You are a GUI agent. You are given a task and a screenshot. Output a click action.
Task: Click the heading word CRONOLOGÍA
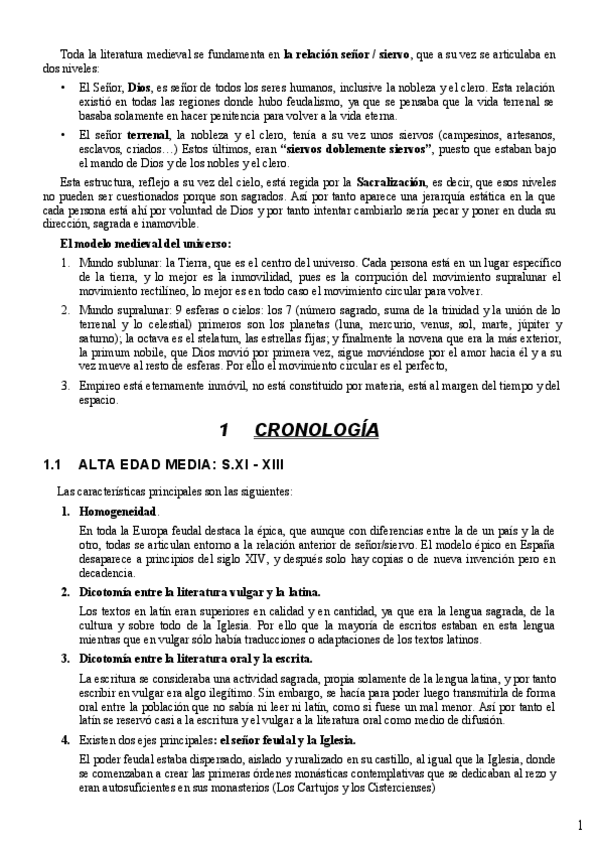click(x=316, y=431)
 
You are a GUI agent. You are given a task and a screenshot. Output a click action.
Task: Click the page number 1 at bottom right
click(x=580, y=825)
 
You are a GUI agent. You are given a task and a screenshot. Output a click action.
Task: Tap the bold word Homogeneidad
click(x=117, y=511)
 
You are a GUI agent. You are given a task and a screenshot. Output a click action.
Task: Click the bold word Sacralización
click(x=387, y=182)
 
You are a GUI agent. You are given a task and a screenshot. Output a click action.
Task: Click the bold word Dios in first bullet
click(x=141, y=87)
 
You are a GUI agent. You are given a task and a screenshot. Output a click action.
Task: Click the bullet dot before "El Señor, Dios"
click(x=63, y=87)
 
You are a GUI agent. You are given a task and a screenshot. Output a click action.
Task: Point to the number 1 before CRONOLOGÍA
click(x=225, y=431)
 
